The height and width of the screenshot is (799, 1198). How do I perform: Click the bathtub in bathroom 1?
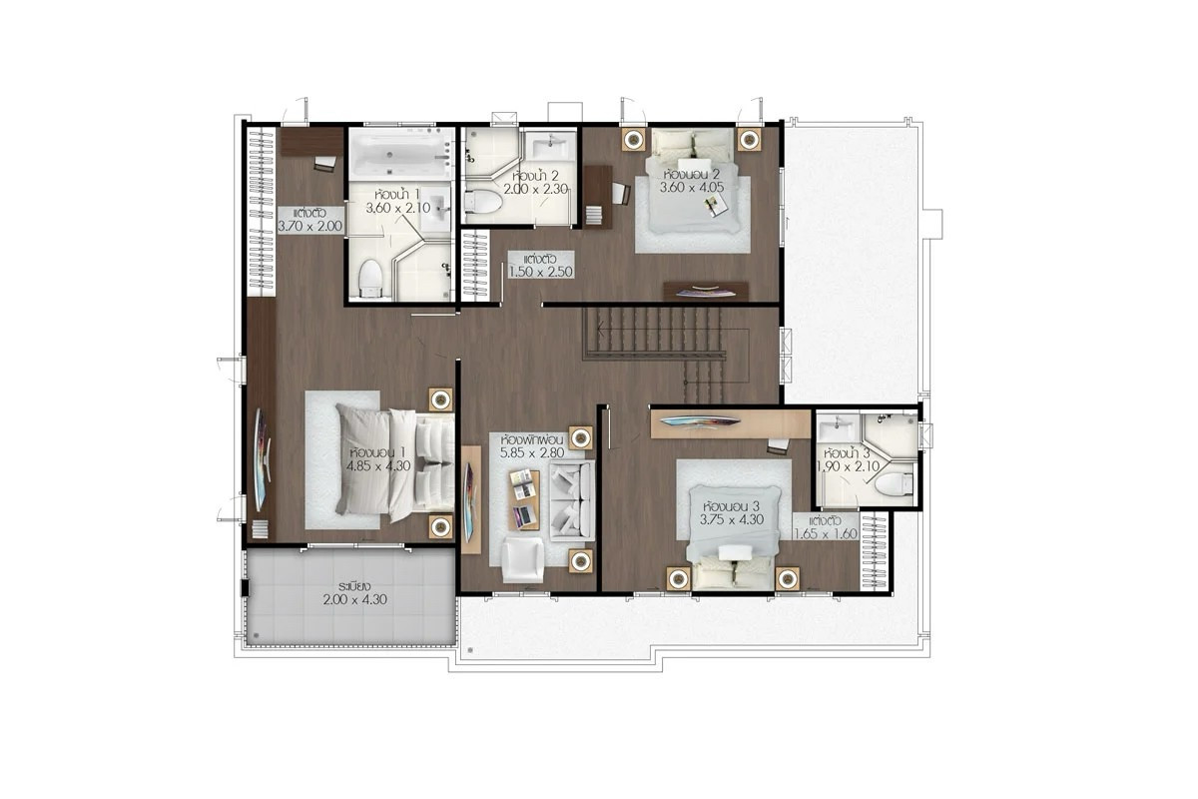click(400, 154)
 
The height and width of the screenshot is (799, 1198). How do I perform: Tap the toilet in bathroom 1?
click(369, 279)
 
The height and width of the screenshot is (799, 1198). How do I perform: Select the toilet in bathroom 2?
click(483, 202)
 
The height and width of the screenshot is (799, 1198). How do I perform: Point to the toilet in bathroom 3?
click(895, 483)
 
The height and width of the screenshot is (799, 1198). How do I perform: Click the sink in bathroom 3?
click(838, 429)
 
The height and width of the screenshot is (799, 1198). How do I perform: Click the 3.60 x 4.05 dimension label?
click(692, 188)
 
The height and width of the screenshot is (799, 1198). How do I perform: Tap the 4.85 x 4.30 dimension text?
click(378, 465)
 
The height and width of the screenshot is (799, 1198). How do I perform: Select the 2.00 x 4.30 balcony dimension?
click(354, 599)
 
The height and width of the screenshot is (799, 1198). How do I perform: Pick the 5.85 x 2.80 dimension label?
click(532, 452)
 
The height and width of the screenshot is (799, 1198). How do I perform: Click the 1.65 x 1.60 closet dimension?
click(826, 533)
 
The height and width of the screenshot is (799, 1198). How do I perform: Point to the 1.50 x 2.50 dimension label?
click(541, 272)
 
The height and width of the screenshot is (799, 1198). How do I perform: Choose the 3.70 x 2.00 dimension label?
click(310, 226)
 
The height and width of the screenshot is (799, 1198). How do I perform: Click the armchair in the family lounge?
click(522, 559)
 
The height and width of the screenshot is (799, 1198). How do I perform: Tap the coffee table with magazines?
click(523, 499)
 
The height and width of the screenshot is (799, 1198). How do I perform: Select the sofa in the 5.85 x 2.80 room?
click(572, 500)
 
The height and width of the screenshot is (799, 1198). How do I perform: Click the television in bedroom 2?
click(706, 292)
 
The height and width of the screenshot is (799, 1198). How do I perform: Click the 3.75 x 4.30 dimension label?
click(732, 519)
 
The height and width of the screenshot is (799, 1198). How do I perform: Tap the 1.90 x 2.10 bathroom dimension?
click(849, 466)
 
